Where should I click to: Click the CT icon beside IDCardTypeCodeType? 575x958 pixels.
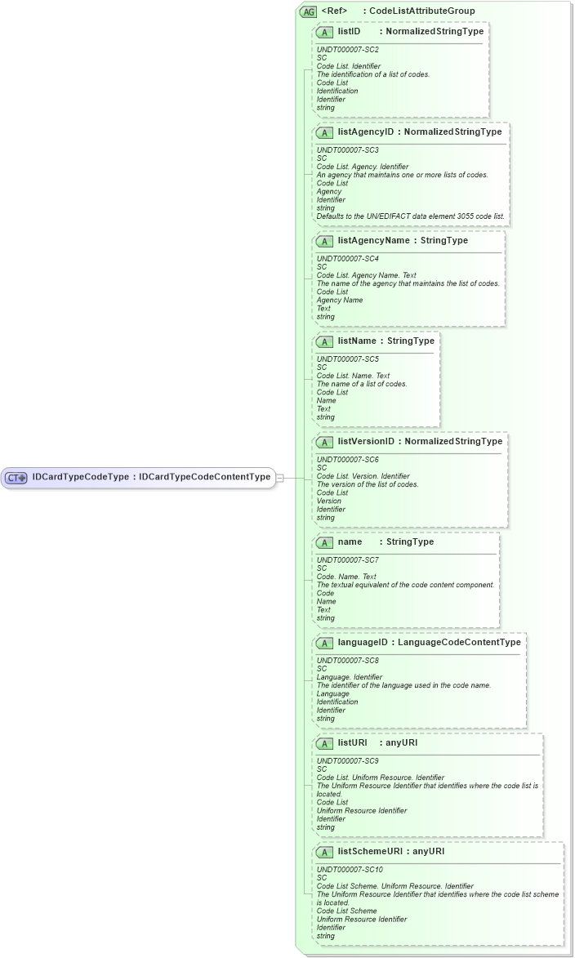point(16,478)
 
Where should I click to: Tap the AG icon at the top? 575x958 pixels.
point(309,11)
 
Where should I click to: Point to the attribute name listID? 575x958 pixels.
point(349,31)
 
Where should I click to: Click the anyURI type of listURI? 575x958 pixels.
point(401,743)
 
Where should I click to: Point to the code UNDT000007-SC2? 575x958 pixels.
point(347,49)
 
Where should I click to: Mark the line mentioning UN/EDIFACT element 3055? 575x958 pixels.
point(411,216)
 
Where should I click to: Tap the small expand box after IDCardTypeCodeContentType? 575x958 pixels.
point(279,478)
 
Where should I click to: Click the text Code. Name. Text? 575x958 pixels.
point(346,577)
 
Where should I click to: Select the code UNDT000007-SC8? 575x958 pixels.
point(347,660)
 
